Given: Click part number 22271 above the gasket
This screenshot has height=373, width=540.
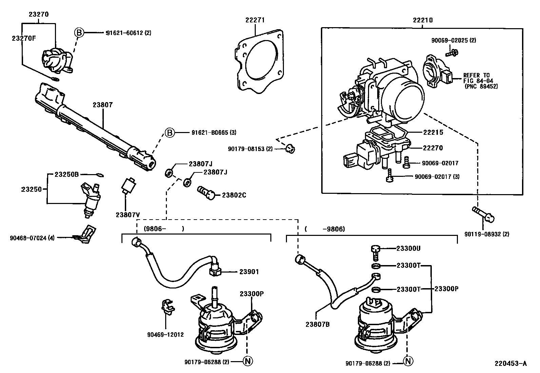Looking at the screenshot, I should coord(255,20).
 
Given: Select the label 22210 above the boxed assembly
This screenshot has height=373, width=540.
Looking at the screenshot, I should coord(423,20).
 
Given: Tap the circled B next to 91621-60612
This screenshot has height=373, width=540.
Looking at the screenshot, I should coord(79,33).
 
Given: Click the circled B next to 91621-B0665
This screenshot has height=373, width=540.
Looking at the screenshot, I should coord(170,133).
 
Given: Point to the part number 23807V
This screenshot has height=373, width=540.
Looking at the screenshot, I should coord(128,215).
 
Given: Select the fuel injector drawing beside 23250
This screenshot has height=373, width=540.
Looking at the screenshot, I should coord(91,200).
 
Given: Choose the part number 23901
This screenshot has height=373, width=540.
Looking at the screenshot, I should coord(249,272).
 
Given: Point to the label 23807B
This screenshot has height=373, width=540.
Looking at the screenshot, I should coord(317,324).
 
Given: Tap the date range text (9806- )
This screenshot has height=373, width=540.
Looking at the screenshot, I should coord(164,229).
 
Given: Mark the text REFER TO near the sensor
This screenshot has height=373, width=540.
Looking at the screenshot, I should coord(477,75).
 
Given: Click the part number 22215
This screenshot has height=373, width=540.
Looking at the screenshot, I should coord(433,133).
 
